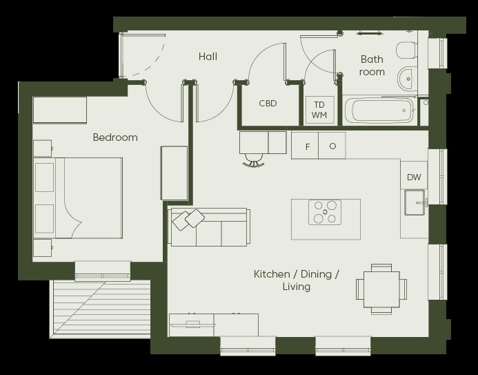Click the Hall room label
[208, 57]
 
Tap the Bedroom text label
[115, 137]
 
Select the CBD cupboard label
[268, 104]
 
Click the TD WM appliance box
[319, 110]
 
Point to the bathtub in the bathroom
[379, 110]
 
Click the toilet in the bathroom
[406, 50]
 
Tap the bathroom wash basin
[407, 79]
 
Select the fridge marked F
[305, 146]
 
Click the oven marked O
[332, 146]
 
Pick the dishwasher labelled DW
[414, 175]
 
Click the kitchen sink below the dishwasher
[415, 202]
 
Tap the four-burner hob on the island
[325, 213]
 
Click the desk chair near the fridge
[254, 160]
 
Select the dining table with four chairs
[381, 289]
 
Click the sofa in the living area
[210, 227]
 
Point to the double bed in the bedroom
[78, 198]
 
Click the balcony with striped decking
[101, 309]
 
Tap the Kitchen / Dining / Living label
[297, 280]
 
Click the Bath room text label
[372, 66]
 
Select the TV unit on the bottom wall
[214, 325]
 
